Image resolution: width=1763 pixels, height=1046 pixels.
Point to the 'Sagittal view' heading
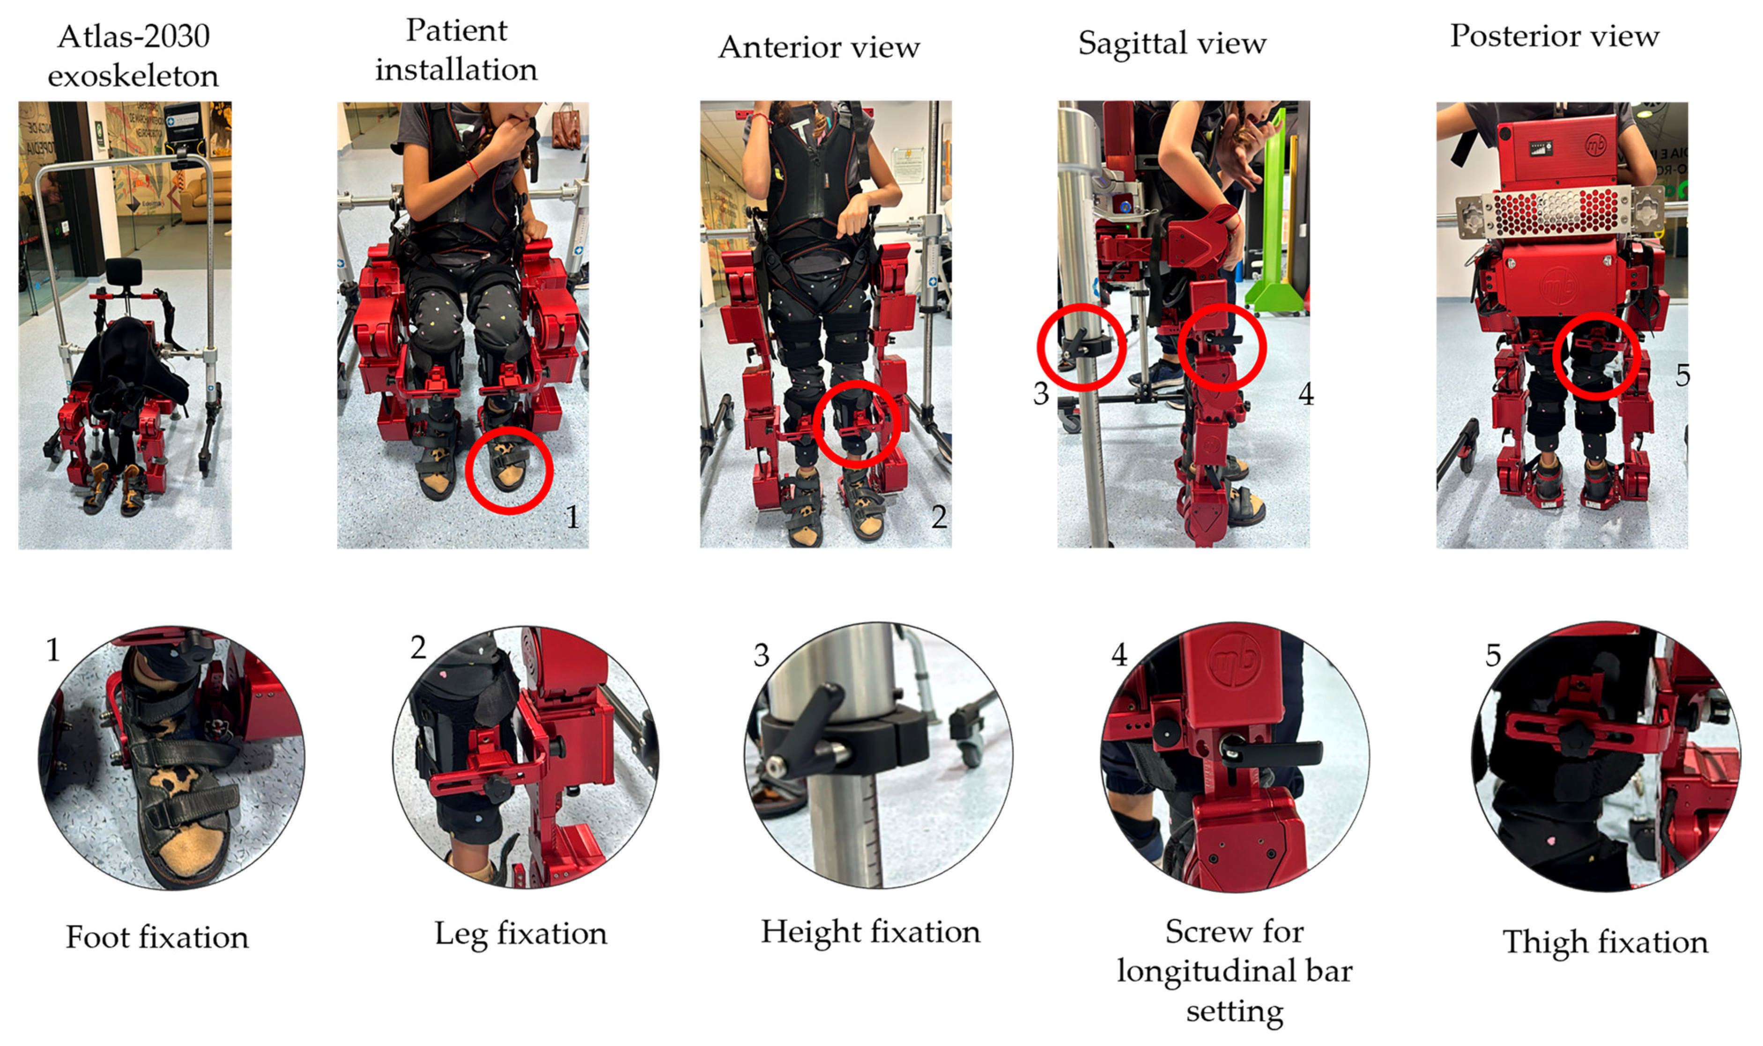pyautogui.click(x=1172, y=44)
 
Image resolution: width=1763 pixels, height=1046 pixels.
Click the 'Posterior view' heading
pyautogui.click(x=1554, y=35)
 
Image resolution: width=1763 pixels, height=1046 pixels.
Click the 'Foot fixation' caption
pyautogui.click(x=157, y=937)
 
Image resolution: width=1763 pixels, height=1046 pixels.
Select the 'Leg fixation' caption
pyautogui.click(x=520, y=934)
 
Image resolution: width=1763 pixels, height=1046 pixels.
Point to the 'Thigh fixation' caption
pyautogui.click(x=1605, y=943)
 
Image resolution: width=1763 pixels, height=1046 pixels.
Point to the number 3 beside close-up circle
pyautogui.click(x=761, y=656)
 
